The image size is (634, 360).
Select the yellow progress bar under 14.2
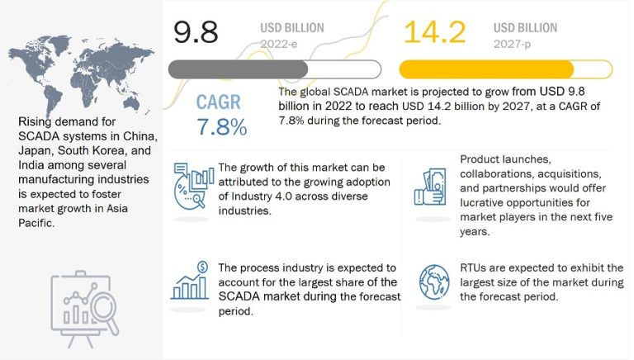(487, 69)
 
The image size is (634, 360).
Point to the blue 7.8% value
(222, 128)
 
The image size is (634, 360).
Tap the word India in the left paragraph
(33, 165)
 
